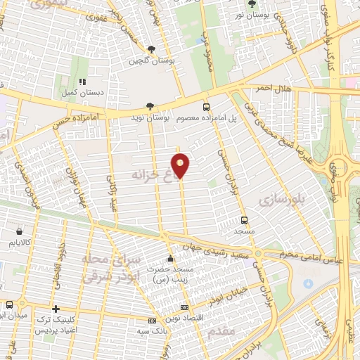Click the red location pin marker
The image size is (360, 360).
click(181, 165)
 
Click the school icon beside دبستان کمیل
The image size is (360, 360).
click(82, 82)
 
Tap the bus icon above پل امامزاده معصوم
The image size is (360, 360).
click(206, 107)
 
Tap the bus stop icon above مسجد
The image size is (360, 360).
click(244, 219)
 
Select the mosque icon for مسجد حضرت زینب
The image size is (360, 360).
click(169, 258)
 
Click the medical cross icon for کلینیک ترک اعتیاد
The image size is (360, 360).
click(56, 308)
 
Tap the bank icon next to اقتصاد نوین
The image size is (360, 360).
click(184, 307)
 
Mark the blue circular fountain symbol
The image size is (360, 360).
click(307, 283)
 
